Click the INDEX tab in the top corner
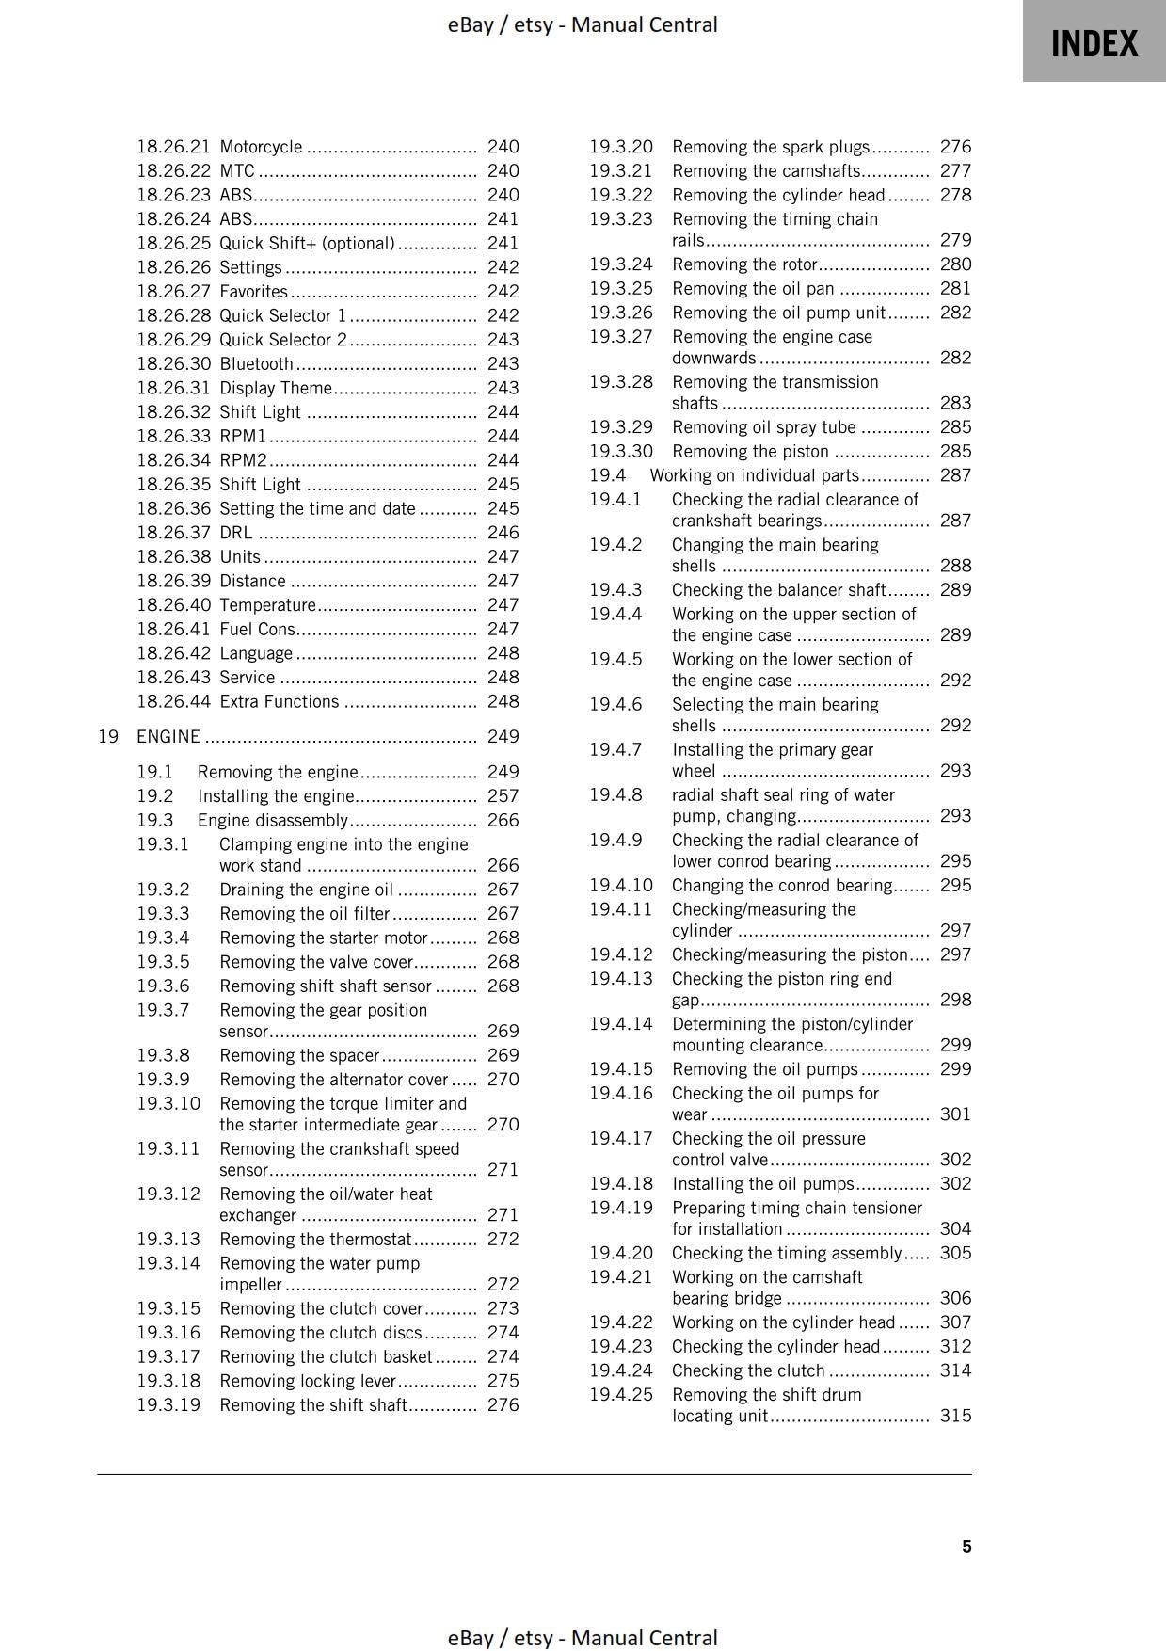tap(1094, 43)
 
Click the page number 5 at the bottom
tap(966, 1547)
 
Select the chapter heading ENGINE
tap(168, 737)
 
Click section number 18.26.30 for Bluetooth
tap(174, 363)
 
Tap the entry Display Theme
tap(276, 388)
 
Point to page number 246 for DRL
tap(503, 533)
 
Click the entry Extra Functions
tap(279, 701)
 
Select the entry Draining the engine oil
tap(306, 890)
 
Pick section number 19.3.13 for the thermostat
tap(168, 1239)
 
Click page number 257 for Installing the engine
tap(503, 796)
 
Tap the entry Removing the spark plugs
tap(771, 147)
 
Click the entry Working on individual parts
tap(754, 475)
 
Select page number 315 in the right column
tap(955, 1416)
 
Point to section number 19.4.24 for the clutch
tap(620, 1370)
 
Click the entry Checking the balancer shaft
tap(778, 590)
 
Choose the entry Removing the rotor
tap(744, 264)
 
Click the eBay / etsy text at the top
tap(583, 24)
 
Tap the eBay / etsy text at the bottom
tap(583, 1638)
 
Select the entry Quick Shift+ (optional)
tap(307, 243)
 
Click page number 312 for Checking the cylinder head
tap(955, 1346)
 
